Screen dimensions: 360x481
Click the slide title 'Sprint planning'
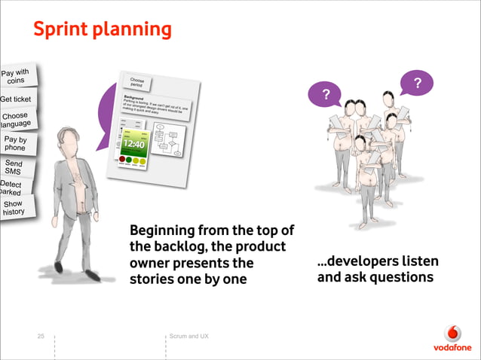pos(102,29)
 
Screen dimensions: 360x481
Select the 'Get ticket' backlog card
pos(17,99)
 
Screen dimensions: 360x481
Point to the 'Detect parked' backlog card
pos(11,188)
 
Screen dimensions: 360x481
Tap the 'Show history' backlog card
pos(13,208)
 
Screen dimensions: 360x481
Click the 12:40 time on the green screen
pos(134,143)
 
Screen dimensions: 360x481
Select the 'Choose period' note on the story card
pos(137,83)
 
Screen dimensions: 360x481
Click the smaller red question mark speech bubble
pos(326,94)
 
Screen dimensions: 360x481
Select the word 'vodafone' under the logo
pos(452,348)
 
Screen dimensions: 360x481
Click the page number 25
pos(41,336)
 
